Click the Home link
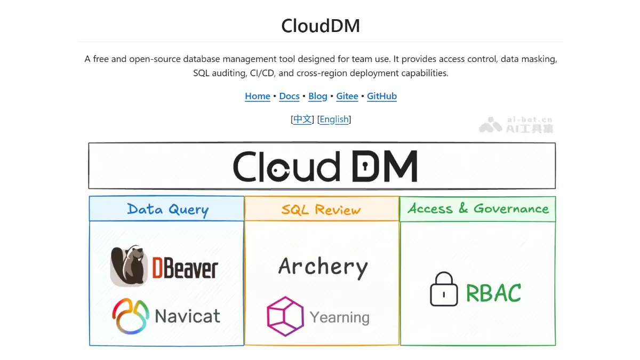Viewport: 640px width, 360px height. [x=258, y=96]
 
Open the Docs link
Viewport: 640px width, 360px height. [x=289, y=96]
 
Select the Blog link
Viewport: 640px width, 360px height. [x=318, y=97]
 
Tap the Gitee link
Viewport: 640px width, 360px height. [x=347, y=96]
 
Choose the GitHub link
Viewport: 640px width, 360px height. [x=382, y=96]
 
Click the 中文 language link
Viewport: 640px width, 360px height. [x=302, y=119]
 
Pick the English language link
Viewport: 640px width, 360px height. [x=334, y=119]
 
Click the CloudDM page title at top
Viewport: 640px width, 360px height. [x=321, y=26]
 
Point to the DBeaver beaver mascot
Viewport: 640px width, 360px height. [x=129, y=266]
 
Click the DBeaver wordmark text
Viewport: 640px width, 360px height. [x=185, y=268]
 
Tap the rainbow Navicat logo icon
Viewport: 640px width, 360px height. [x=131, y=316]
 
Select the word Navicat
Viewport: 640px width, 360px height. [x=187, y=316]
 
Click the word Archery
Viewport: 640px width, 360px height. [x=323, y=267]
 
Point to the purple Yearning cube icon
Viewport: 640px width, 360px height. [x=285, y=316]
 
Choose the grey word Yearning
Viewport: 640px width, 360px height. [x=340, y=318]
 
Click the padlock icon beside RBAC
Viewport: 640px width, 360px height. [x=444, y=289]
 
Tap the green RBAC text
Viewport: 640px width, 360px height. [x=493, y=293]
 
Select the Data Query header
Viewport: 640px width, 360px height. [x=167, y=210]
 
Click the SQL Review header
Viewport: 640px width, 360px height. [x=321, y=210]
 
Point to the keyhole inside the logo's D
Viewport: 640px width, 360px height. [x=365, y=166]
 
